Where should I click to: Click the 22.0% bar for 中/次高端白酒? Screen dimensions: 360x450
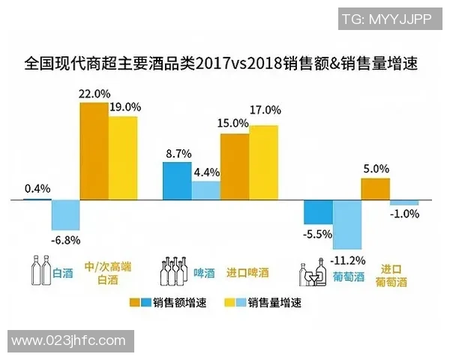94,151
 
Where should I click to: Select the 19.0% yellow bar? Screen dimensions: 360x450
123,157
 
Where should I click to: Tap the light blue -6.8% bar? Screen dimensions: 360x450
65,215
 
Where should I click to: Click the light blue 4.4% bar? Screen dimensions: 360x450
206,190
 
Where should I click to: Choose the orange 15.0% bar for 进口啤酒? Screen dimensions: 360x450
235,166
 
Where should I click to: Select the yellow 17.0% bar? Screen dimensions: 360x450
263,162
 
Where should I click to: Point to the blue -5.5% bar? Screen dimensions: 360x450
318,212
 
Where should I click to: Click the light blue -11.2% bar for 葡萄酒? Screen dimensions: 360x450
347,225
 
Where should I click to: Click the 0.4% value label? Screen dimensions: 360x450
37,188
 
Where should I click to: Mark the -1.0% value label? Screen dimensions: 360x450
404,214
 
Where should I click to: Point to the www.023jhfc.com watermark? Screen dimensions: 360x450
68,340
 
